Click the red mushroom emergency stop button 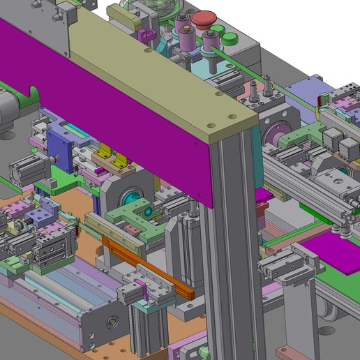click(x=204, y=20)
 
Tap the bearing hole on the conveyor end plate click(x=111, y=323)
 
